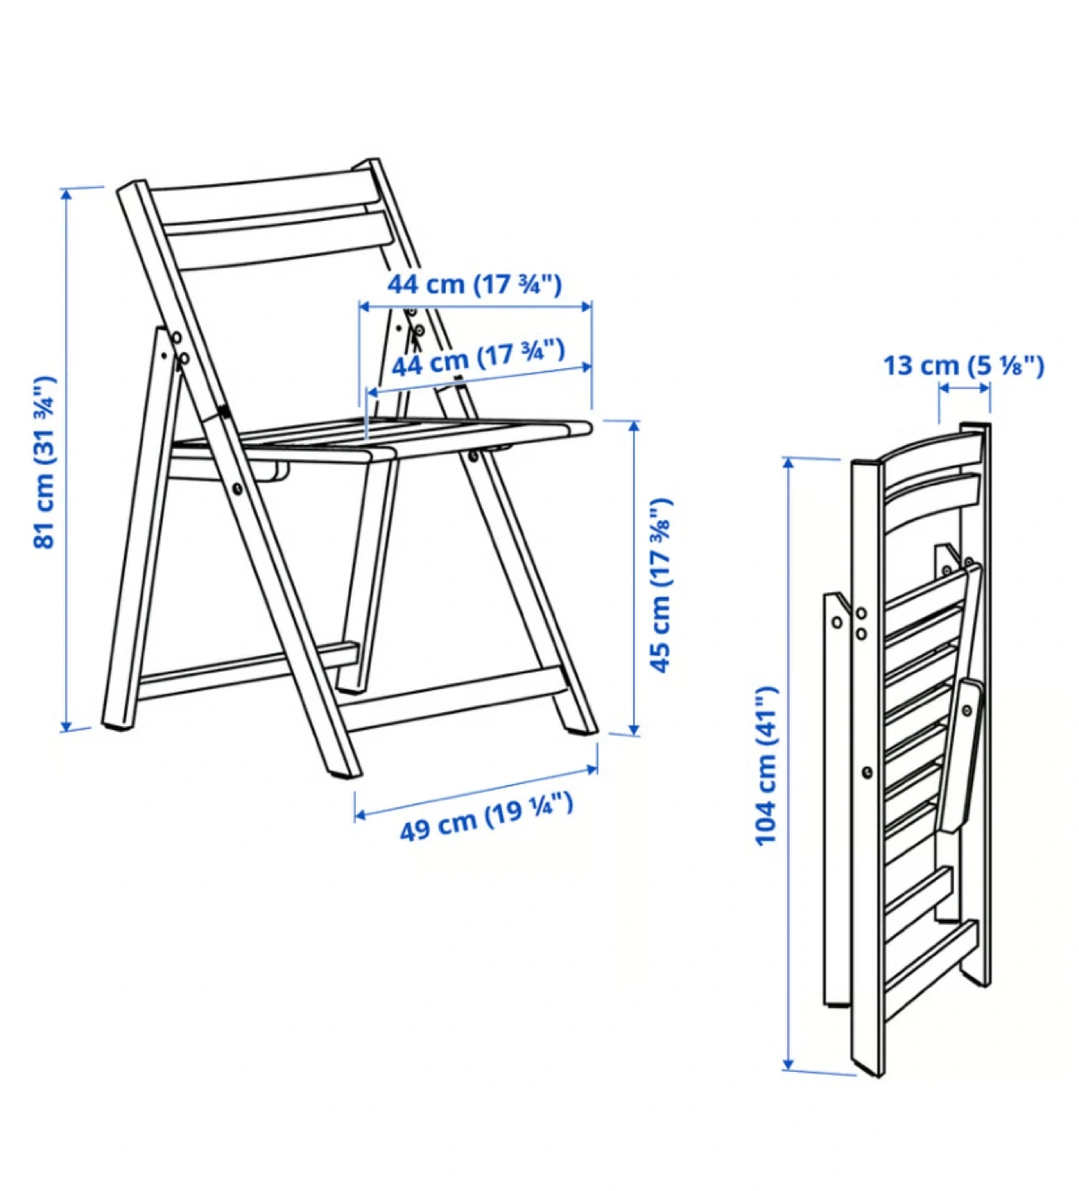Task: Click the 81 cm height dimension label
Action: click(45, 462)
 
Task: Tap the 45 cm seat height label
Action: click(661, 585)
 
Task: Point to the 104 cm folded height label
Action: click(766, 765)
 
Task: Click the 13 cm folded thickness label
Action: click(964, 365)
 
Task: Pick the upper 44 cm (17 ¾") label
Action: click(475, 285)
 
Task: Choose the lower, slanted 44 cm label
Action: click(478, 358)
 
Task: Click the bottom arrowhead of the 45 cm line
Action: click(634, 729)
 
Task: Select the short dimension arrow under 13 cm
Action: click(964, 388)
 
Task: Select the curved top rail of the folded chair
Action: click(929, 447)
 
